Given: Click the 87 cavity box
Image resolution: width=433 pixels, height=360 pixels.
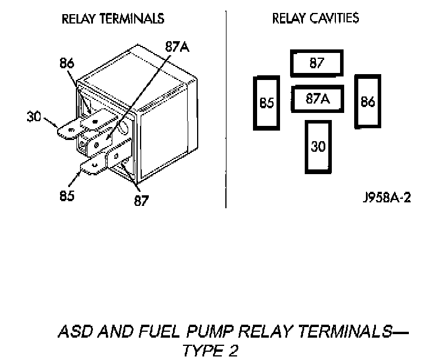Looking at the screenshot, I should click(x=317, y=64).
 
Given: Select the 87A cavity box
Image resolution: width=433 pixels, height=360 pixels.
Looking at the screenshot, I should click(x=317, y=99).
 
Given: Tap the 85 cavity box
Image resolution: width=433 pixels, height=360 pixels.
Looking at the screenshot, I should click(x=267, y=103).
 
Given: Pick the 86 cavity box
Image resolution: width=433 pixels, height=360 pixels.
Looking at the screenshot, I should click(x=368, y=101).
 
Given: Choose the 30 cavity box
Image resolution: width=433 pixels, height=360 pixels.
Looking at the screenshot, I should click(x=318, y=146).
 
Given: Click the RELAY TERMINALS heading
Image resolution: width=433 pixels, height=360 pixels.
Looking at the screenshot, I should click(x=113, y=19).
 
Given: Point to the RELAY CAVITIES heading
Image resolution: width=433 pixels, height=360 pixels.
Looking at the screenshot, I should click(x=315, y=19).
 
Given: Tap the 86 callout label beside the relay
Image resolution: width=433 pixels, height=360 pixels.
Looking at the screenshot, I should click(x=68, y=63).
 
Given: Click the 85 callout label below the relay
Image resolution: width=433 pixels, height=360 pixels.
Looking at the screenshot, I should click(x=66, y=196).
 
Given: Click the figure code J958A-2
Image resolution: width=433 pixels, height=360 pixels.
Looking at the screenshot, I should click(x=387, y=197).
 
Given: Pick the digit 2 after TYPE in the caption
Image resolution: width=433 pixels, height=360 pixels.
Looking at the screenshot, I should click(x=234, y=351).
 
